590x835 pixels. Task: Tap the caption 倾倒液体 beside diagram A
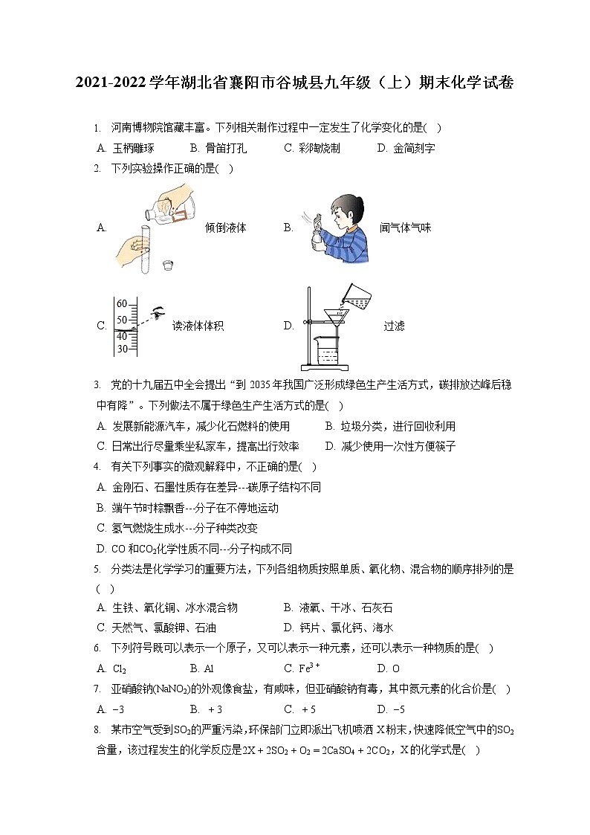(x=225, y=228)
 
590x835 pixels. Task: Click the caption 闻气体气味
(x=405, y=228)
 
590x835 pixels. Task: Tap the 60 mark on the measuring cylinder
(x=122, y=303)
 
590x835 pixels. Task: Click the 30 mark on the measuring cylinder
(x=122, y=348)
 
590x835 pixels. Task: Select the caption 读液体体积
(x=198, y=326)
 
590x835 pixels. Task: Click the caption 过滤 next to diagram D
(x=394, y=326)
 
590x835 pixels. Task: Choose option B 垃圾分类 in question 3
(x=390, y=426)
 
